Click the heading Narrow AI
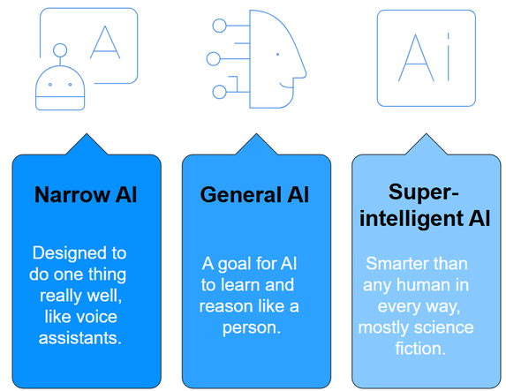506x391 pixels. pyautogui.click(x=86, y=195)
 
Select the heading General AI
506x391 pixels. pyautogui.click(x=254, y=195)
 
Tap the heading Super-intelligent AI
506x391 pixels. pyautogui.click(x=425, y=206)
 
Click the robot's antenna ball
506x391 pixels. pyautogui.click(x=60, y=50)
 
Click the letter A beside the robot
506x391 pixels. pyautogui.click(x=105, y=42)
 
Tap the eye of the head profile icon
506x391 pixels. pyautogui.click(x=277, y=55)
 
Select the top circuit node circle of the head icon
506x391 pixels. pyautogui.click(x=219, y=26)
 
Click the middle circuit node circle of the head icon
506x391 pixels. pyautogui.click(x=214, y=59)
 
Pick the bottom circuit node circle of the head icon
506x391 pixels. pyautogui.click(x=219, y=92)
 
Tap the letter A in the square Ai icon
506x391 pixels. pyautogui.click(x=416, y=57)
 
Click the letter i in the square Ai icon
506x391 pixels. pyautogui.click(x=449, y=56)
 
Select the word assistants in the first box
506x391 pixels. pyautogui.click(x=80, y=338)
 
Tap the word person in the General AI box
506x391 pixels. pyautogui.click(x=252, y=328)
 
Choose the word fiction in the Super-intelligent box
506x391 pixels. pyautogui.click(x=420, y=349)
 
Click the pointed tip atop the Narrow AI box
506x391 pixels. pyautogui.click(x=87, y=133)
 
